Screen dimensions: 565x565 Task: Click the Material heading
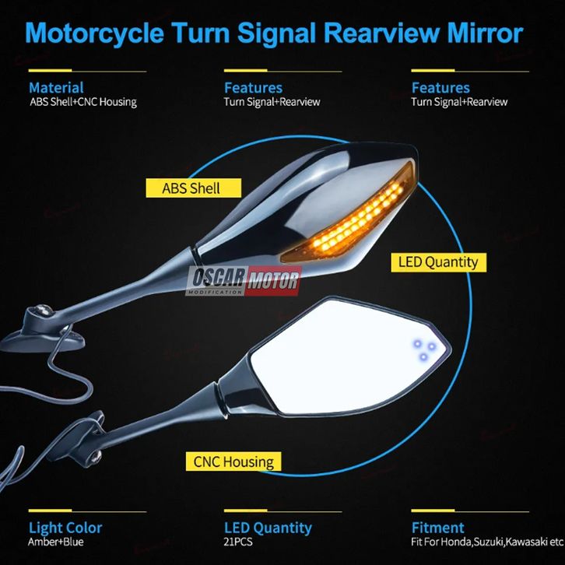[x=56, y=88]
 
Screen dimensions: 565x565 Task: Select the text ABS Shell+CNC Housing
[x=83, y=102]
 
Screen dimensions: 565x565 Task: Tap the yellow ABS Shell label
[x=191, y=188]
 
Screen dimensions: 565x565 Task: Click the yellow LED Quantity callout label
[x=437, y=262]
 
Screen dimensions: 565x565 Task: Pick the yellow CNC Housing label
[x=233, y=461]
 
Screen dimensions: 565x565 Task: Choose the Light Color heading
[x=65, y=528]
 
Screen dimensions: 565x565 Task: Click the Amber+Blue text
[x=56, y=542]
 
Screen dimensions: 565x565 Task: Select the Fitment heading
[x=437, y=528]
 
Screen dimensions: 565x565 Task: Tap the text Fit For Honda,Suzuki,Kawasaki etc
[x=487, y=542]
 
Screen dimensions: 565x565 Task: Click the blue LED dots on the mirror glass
[x=423, y=349]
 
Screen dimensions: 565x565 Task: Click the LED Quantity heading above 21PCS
[x=268, y=528]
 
